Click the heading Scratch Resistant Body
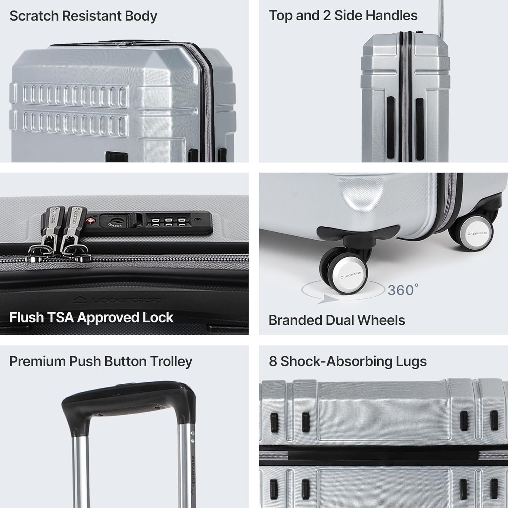pyautogui.click(x=83, y=16)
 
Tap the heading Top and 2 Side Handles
pyautogui.click(x=343, y=16)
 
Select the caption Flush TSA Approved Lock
pyautogui.click(x=91, y=318)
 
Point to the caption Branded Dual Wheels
pyautogui.click(x=336, y=320)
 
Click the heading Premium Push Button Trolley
pyautogui.click(x=101, y=361)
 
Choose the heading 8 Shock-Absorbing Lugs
pyautogui.click(x=347, y=361)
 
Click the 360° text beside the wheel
pyautogui.click(x=403, y=290)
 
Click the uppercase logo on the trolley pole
pyautogui.click(x=192, y=474)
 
